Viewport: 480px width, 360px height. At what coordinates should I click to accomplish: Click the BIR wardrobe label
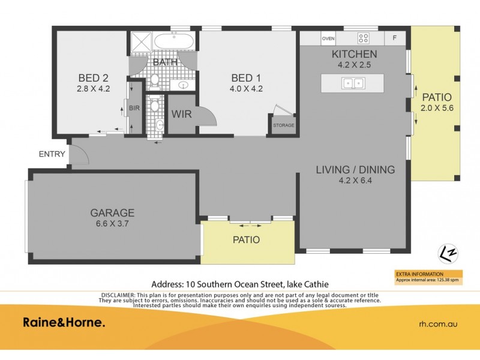(133, 108)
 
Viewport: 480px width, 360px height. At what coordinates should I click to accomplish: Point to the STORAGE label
(283, 125)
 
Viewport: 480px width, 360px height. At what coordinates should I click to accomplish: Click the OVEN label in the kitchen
(328, 38)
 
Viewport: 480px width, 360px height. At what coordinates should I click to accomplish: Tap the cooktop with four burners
(364, 38)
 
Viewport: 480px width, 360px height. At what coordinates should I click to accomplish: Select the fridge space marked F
(394, 38)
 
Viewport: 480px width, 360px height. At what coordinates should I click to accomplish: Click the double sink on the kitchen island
(352, 83)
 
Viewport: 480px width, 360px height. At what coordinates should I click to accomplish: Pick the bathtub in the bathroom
(173, 41)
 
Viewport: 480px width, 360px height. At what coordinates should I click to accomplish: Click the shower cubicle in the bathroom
(142, 43)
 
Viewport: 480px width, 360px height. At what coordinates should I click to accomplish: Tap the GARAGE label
(112, 212)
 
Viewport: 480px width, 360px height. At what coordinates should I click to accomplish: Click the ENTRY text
(52, 154)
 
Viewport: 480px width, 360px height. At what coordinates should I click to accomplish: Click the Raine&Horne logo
(64, 323)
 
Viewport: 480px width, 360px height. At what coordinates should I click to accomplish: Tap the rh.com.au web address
(438, 323)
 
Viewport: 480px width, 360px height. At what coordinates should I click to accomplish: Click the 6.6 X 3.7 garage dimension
(112, 223)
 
